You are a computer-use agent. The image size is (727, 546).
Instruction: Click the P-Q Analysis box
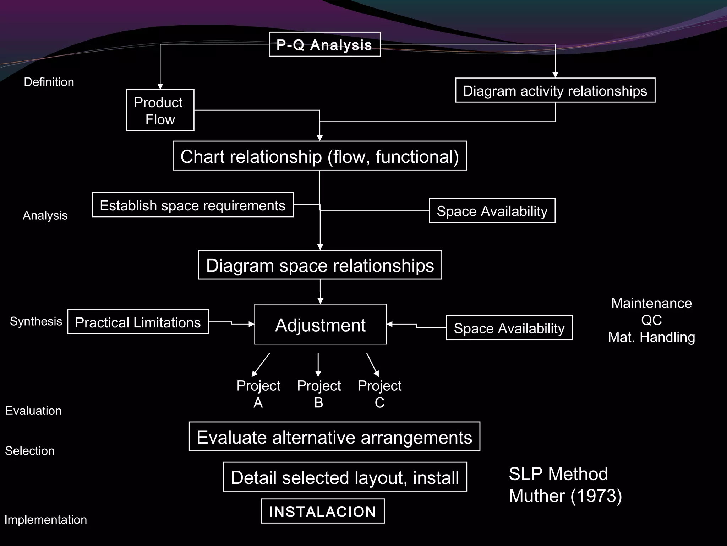point(324,44)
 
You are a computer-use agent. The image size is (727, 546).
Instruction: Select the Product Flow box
point(160,110)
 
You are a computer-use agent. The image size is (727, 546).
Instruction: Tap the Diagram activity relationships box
point(555,90)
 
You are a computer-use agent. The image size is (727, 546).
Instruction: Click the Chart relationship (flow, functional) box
point(319,156)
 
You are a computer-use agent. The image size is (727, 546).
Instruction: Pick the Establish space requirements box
point(192,205)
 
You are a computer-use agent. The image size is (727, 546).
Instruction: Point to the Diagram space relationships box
point(320,265)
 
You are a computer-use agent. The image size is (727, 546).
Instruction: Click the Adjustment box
point(320,324)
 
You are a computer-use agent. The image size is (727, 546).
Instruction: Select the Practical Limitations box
point(138,322)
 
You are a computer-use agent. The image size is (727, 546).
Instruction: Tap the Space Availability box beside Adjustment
point(509,328)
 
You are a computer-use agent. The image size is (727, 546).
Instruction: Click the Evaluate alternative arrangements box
point(334,437)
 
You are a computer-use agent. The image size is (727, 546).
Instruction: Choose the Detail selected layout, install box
point(345,477)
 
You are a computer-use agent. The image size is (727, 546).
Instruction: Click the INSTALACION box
point(323,511)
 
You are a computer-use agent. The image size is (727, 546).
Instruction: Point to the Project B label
point(319,394)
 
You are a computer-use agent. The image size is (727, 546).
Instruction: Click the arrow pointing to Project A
point(261,365)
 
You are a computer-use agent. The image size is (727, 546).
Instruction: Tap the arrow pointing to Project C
point(373,365)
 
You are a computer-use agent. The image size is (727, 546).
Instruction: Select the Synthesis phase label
point(36,321)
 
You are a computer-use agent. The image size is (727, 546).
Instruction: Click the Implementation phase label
point(45,519)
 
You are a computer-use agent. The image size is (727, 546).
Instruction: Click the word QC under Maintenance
point(651,320)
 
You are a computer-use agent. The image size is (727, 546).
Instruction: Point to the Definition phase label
point(49,82)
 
